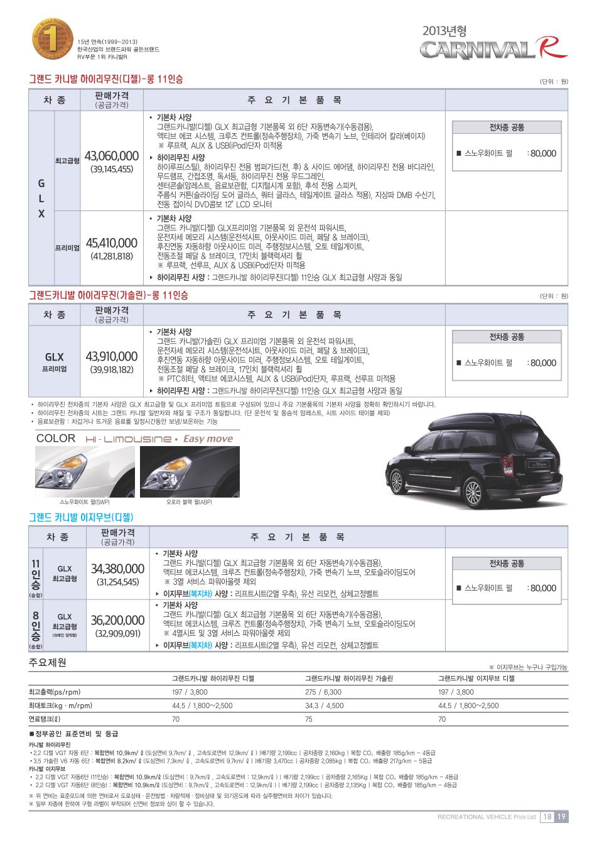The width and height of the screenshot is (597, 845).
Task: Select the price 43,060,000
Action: point(111,156)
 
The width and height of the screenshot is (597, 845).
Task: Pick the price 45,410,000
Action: point(111,243)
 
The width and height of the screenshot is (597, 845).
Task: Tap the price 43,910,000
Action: point(111,357)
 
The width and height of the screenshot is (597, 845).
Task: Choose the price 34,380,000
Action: point(117,569)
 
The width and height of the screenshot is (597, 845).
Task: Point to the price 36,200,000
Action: point(117,620)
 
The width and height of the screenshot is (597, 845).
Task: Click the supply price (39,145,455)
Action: point(111,169)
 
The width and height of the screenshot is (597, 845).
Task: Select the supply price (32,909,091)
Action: point(117,633)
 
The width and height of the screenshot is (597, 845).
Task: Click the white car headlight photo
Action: point(84,471)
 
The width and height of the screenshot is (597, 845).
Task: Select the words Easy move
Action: point(208,439)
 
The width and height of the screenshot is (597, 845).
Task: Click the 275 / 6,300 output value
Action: point(323,692)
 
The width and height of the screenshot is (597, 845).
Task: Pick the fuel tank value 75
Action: point(309,719)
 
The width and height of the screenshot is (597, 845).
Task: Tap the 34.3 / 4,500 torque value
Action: point(324,706)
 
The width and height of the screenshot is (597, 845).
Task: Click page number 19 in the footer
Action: point(561,817)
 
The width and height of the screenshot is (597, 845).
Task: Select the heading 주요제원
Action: point(48,663)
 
